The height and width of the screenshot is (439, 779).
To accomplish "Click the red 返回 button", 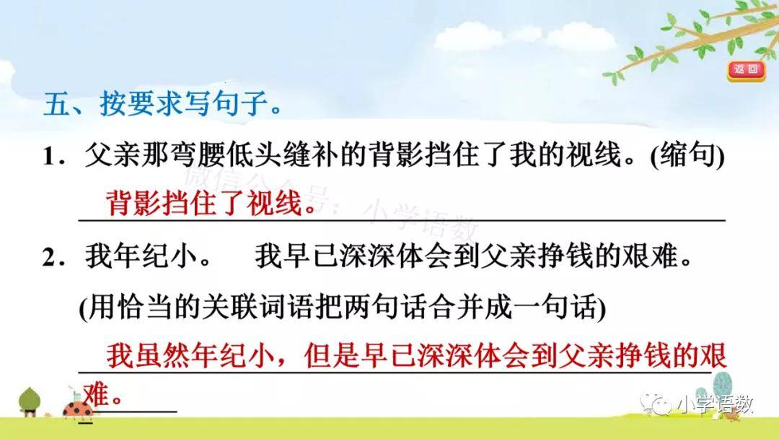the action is click(x=746, y=70).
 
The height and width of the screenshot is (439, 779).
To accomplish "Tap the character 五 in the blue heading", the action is click(x=57, y=104).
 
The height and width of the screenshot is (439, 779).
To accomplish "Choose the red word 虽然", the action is click(x=162, y=355).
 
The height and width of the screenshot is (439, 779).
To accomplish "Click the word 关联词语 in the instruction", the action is click(x=258, y=308).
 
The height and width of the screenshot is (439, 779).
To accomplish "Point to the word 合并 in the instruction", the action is click(x=457, y=308).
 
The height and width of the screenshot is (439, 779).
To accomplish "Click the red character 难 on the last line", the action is click(x=96, y=395).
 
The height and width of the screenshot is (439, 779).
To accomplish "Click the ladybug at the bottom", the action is click(x=78, y=408).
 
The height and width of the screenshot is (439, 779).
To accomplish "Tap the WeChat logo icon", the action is click(x=656, y=404).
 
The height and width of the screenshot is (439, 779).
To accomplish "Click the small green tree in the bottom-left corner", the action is click(x=30, y=401).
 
